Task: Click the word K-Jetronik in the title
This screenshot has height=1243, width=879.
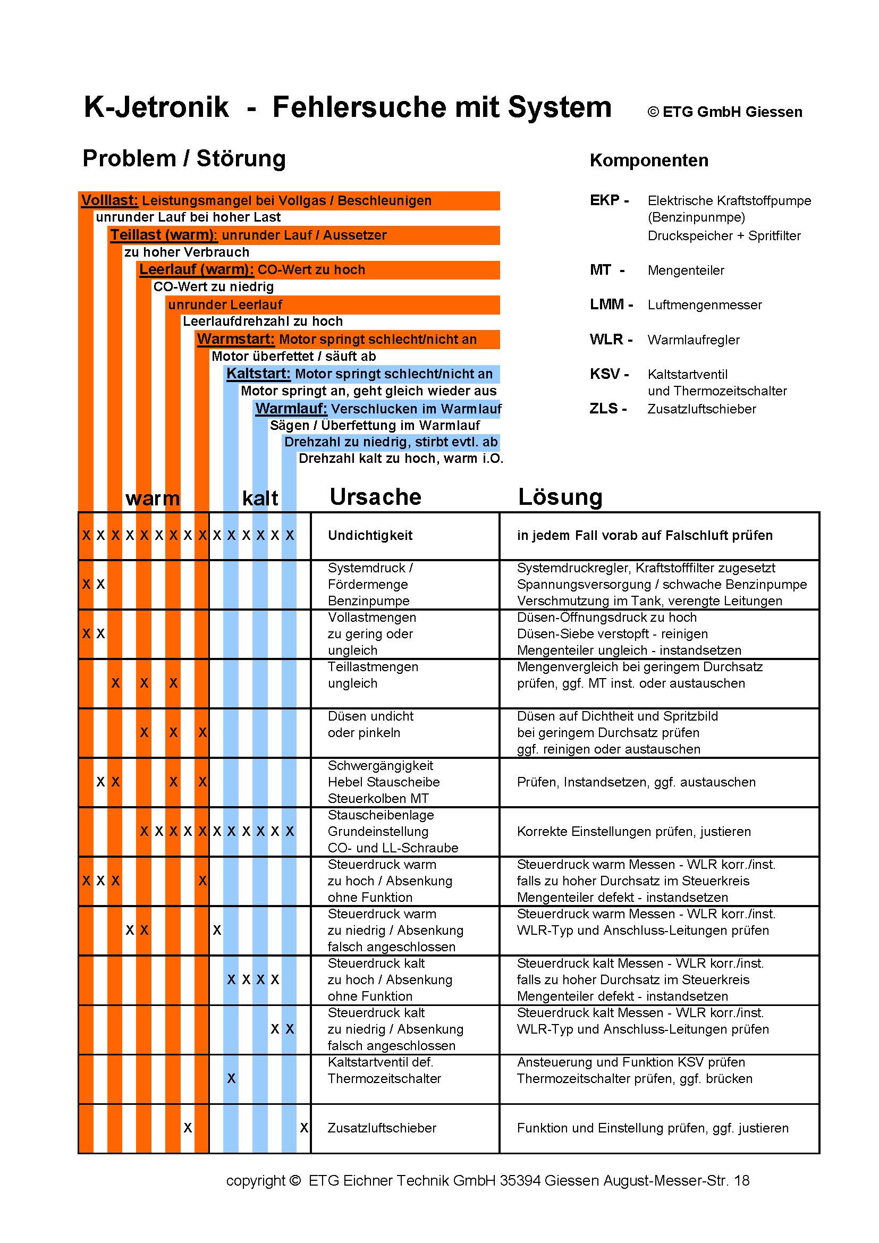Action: coord(156,107)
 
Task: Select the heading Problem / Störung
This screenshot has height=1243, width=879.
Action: coord(183,158)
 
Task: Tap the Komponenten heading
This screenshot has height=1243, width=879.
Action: coord(648,160)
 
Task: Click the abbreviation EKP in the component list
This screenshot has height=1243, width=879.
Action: coord(605,200)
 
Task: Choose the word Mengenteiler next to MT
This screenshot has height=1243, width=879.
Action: coord(685,270)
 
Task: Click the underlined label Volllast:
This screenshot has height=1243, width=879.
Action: coord(109,200)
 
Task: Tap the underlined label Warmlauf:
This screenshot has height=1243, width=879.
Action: coord(291,408)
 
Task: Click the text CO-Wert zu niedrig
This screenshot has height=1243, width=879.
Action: coord(213,286)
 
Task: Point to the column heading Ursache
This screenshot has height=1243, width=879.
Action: coord(375,496)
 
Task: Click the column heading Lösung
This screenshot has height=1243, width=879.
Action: coord(560,496)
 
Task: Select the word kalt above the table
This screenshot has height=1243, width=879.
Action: coord(260,498)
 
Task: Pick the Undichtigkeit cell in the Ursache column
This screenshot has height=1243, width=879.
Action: coord(370,536)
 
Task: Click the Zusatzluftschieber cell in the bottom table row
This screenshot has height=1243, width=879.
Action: coord(382,1128)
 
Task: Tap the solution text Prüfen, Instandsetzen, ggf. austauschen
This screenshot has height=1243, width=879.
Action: coord(636,782)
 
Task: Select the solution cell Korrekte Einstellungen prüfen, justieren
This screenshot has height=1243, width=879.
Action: coord(633,831)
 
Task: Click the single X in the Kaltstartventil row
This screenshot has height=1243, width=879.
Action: coord(231,1078)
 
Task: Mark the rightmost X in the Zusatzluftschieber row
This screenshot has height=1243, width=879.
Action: coord(304,1128)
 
